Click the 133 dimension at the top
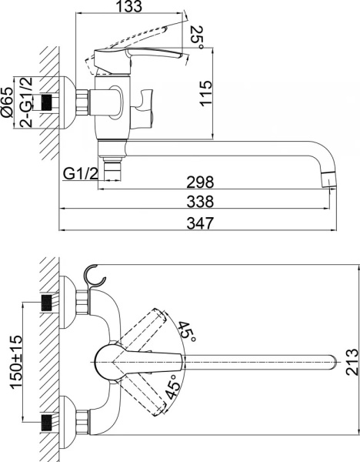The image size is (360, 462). (132, 8)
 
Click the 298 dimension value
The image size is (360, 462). (198, 183)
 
